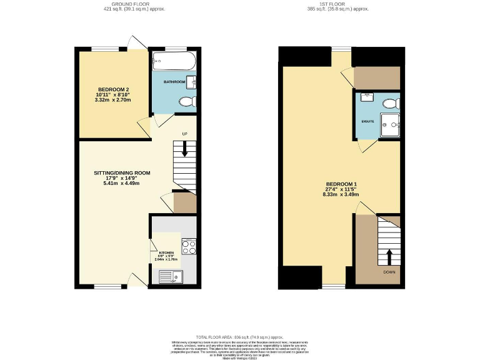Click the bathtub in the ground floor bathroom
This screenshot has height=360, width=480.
click(174, 62)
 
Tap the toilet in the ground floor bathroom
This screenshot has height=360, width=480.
click(186, 102)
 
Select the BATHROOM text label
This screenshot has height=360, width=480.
click(174, 82)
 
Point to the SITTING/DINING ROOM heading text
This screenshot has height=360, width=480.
click(122, 172)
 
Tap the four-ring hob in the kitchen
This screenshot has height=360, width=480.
click(189, 246)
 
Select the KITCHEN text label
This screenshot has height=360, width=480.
click(166, 252)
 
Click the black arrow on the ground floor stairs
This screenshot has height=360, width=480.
click(184, 149)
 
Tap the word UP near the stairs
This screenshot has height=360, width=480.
click(184, 134)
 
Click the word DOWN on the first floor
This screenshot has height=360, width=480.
click(389, 272)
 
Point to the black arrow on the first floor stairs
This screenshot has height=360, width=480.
click(389, 255)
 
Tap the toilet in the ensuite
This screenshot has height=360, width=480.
click(390, 102)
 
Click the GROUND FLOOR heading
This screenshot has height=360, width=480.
click(134, 4)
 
